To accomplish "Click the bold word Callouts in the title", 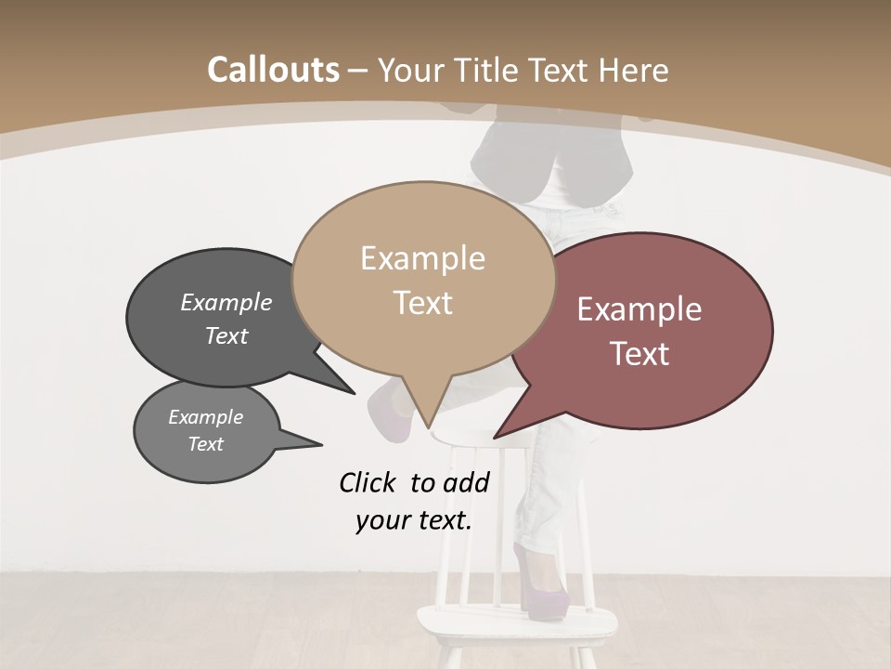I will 273,70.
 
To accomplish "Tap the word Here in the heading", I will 631,70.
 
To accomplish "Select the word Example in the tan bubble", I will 422,258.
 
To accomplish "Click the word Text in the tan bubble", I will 422,303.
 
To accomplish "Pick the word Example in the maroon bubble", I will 639,309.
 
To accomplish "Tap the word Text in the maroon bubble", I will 639,354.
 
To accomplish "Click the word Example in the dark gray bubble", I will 226,302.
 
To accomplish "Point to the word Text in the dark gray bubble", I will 226,335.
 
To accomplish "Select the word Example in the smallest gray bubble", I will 205,417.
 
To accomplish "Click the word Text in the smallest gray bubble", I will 205,444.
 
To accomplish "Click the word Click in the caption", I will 368,482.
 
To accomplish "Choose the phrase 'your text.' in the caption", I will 414,520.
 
